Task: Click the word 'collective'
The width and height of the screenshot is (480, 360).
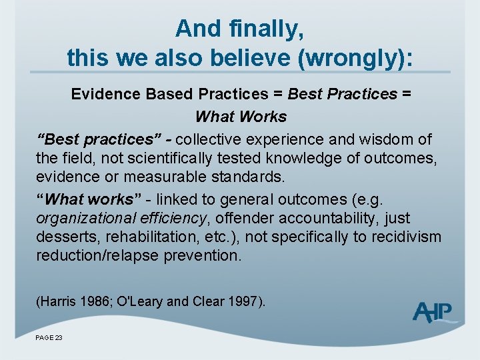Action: click(209, 139)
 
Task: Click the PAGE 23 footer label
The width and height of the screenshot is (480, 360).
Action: click(49, 338)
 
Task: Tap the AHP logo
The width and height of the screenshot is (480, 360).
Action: click(434, 312)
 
